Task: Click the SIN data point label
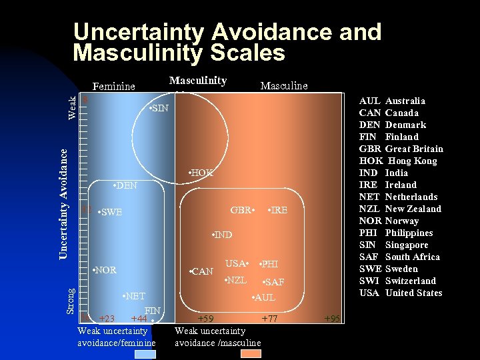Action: click(x=159, y=108)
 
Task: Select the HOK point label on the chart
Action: click(x=201, y=173)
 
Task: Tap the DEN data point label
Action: click(x=125, y=185)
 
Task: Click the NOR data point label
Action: click(x=104, y=270)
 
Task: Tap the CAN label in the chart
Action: click(x=201, y=271)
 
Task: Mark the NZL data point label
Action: click(x=236, y=279)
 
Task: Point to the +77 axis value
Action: click(x=269, y=319)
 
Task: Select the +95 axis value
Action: click(x=332, y=319)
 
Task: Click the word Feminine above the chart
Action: click(x=113, y=86)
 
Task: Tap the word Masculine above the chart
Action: click(x=284, y=85)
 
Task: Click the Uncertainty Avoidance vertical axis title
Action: click(x=63, y=204)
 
